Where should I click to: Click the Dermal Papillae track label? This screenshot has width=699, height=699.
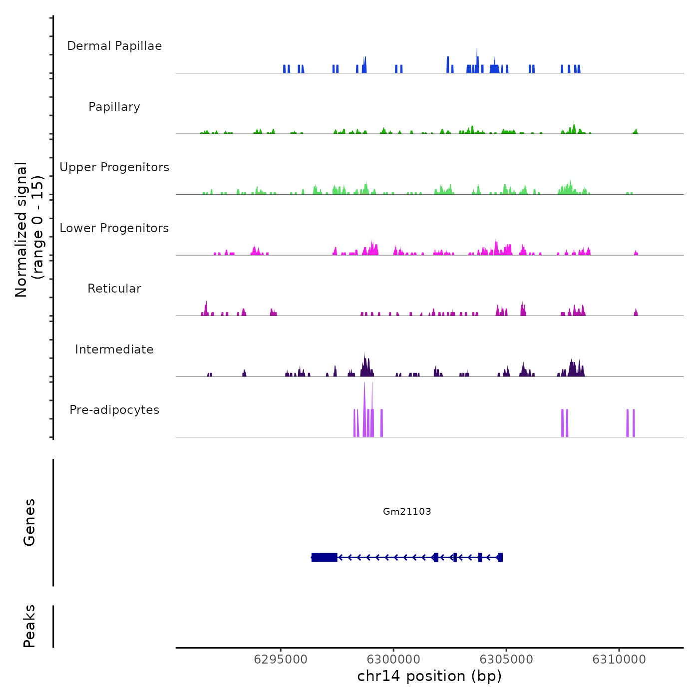coord(114,46)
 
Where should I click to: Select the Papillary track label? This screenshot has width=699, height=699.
coord(114,107)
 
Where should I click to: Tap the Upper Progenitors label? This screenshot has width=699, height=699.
coord(114,167)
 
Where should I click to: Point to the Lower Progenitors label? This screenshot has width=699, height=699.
coord(114,228)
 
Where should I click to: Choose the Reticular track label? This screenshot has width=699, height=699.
coord(114,289)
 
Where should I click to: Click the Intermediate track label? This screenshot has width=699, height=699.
coord(114,349)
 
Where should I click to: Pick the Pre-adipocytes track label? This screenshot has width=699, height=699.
coord(114,410)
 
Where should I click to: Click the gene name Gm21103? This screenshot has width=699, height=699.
coord(407,511)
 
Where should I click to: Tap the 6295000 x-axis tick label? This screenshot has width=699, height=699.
coord(281,659)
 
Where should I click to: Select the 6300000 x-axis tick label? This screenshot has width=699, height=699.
coord(393,659)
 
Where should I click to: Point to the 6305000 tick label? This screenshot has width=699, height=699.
coord(506,659)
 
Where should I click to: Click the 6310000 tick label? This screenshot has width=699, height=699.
coord(619,659)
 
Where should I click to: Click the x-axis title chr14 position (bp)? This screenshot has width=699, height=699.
coord(429,676)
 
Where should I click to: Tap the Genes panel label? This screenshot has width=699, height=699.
coord(29,522)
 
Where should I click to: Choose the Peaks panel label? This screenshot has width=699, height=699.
coord(29,626)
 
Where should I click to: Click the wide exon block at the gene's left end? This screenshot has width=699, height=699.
coord(325,557)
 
